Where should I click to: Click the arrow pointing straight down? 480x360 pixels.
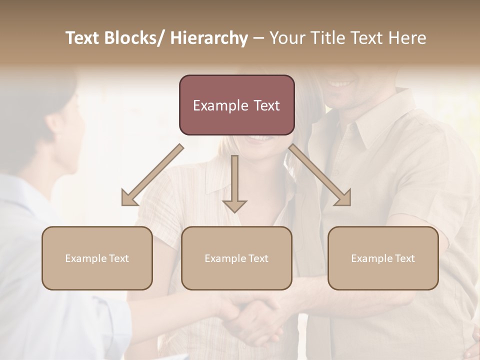pos(234,182)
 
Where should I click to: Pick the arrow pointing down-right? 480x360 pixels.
pos(320,175)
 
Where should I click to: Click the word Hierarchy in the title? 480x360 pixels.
pos(209,38)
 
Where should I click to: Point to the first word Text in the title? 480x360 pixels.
pos(83,38)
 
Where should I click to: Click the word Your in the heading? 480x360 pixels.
pos(286,38)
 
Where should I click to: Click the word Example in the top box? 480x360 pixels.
pos(219,105)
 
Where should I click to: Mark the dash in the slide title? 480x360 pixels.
pos(258,38)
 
